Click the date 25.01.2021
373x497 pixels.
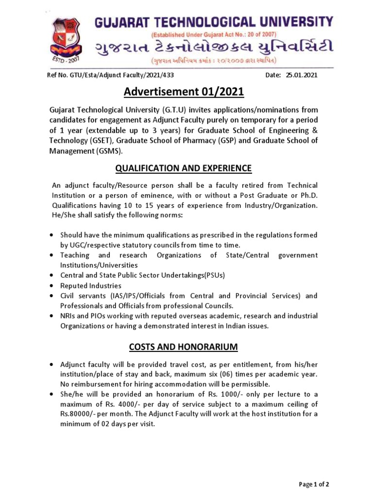point(302,76)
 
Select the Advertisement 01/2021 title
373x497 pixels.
point(183,92)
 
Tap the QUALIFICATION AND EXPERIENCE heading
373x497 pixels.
point(183,168)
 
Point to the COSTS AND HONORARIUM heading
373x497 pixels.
point(183,347)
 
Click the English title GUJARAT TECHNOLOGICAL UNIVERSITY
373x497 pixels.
point(213,22)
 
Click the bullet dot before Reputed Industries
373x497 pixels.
point(51,285)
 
